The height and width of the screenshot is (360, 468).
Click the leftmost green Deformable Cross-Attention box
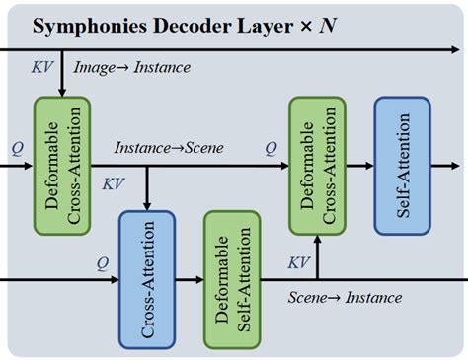tap(61, 165)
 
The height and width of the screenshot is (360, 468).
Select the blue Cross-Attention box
tap(146, 279)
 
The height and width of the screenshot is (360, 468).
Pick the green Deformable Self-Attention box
tap(231, 279)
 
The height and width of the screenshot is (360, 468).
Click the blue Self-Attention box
tap(402, 165)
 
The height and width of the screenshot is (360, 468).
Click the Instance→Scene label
tap(168, 148)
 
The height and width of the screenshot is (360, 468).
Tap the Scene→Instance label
tap(345, 297)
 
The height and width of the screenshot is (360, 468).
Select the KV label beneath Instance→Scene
tap(114, 182)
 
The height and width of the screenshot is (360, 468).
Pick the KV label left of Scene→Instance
tap(298, 262)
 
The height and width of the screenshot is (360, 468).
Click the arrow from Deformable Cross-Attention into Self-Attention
tap(361, 165)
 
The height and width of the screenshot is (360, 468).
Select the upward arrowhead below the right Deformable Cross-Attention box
tap(318, 240)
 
